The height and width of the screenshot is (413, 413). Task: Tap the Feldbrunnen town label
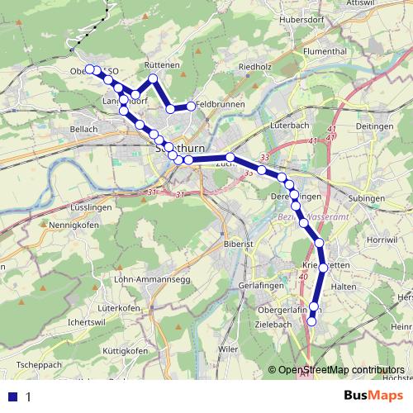[219, 106]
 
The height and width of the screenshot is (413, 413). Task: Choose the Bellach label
[83, 129]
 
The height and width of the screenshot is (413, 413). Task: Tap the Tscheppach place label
[39, 364]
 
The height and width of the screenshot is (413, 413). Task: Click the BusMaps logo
[375, 396]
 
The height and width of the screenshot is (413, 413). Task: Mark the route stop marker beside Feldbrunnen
[191, 106]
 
